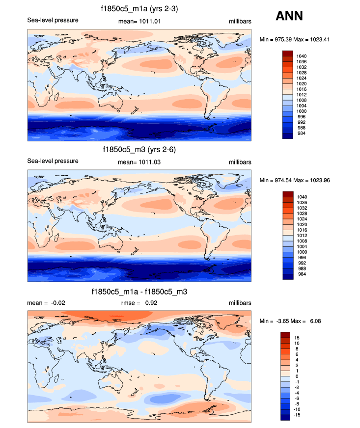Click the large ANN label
pyautogui.click(x=289, y=16)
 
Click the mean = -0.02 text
pyautogui.click(x=46, y=303)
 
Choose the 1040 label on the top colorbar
pyautogui.click(x=302, y=56)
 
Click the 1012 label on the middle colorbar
pyautogui.click(x=302, y=236)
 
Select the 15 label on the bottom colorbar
pyautogui.click(x=297, y=338)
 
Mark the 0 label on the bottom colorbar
pyautogui.click(x=296, y=376)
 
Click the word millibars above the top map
pyautogui.click(x=240, y=21)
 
